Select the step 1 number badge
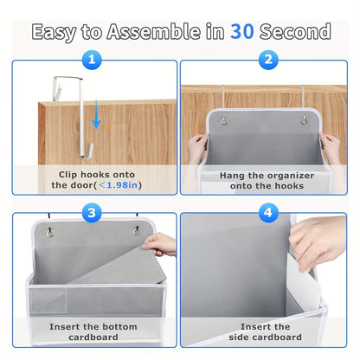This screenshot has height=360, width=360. coord(93,61)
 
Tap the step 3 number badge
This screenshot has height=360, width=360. coord(93,212)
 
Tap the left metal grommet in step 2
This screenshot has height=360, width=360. coord(223,120)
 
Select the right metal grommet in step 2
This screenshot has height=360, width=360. coord(304,120)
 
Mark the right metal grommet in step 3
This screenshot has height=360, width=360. coord(136,232)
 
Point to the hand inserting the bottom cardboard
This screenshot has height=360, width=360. coord(160,245)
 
